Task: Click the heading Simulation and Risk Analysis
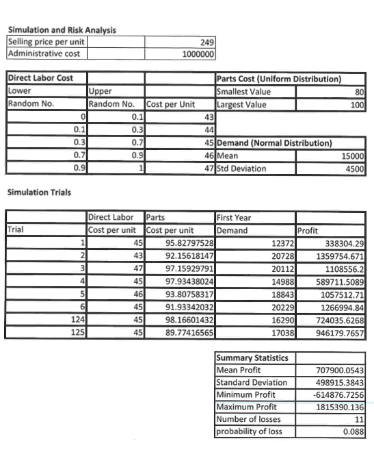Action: (61, 29)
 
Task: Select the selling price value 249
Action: (206, 42)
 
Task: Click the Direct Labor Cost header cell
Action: (40, 79)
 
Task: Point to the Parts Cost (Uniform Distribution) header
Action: (278, 79)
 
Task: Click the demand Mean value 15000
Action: (353, 157)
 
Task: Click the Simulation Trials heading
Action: (38, 192)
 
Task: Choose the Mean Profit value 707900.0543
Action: (339, 370)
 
